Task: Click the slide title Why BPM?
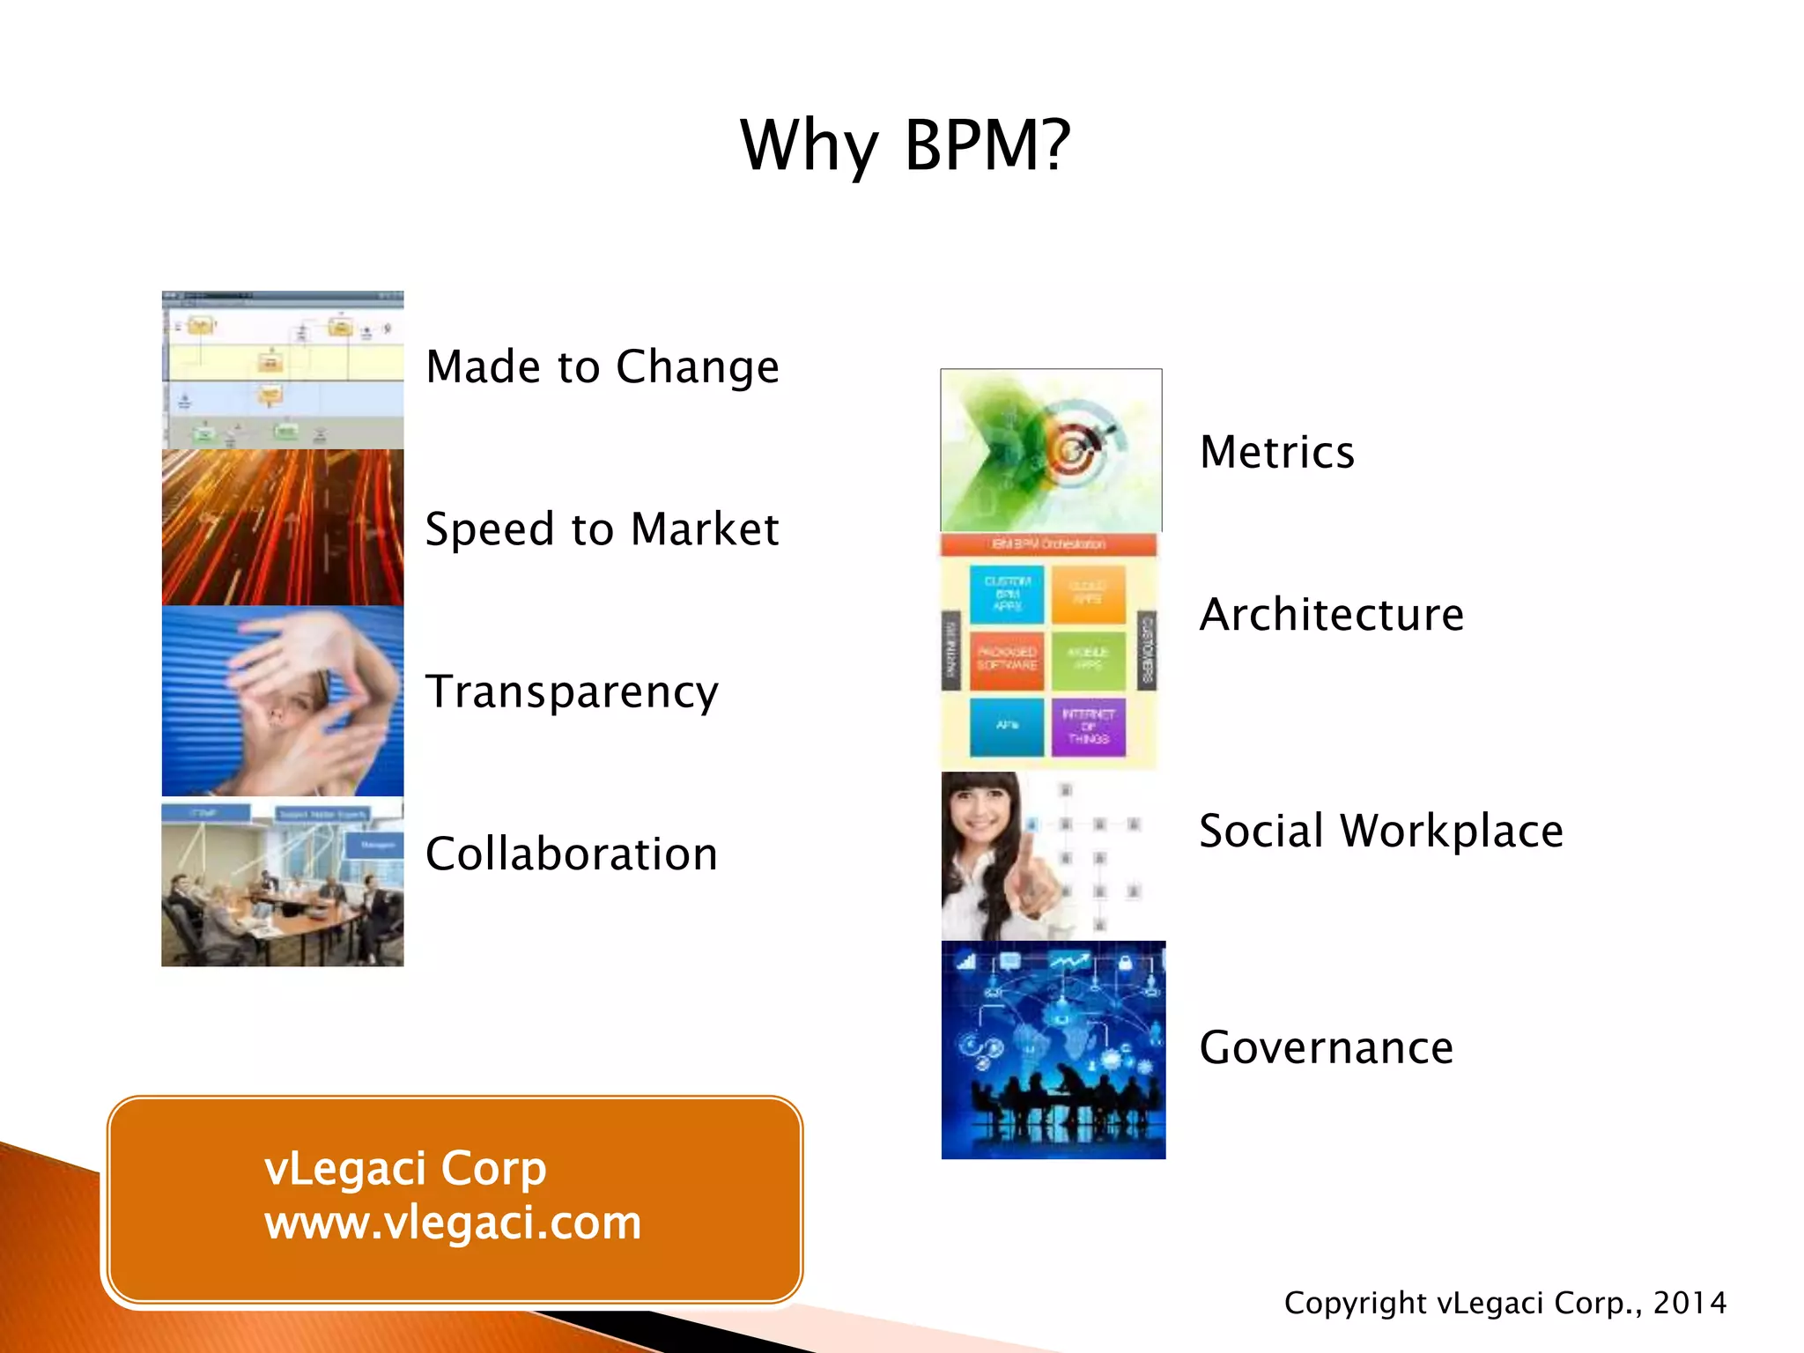click(x=905, y=145)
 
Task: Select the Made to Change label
click(x=603, y=366)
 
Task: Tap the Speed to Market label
click(x=603, y=529)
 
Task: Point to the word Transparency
click(x=572, y=692)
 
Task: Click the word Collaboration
click(x=572, y=854)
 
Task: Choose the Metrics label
click(x=1276, y=453)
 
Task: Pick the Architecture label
click(x=1331, y=615)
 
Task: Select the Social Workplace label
click(x=1380, y=832)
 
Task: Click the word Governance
click(x=1326, y=1048)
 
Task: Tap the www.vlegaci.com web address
click(x=453, y=1223)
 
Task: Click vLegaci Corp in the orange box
click(x=405, y=1169)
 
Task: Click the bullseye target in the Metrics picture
click(x=1073, y=449)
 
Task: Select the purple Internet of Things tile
click(x=1088, y=727)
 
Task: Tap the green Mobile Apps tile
click(x=1088, y=659)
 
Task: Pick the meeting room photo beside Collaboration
click(x=282, y=884)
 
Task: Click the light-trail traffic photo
click(x=282, y=528)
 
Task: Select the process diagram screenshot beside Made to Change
click(x=282, y=370)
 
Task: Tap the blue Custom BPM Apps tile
click(x=1007, y=594)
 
